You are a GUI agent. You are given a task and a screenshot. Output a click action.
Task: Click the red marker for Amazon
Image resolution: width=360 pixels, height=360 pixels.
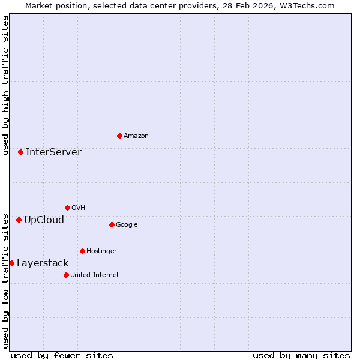click(119, 136)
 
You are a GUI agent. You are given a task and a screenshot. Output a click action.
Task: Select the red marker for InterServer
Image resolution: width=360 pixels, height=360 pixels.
click(20, 152)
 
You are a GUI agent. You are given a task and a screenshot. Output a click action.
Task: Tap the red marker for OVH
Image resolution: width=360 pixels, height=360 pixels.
click(67, 208)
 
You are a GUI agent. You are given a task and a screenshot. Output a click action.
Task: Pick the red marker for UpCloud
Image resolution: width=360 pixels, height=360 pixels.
click(19, 220)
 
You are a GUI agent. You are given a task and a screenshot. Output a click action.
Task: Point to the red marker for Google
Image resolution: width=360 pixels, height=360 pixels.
click(112, 224)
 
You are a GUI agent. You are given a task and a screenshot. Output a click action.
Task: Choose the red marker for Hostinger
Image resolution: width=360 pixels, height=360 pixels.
click(82, 251)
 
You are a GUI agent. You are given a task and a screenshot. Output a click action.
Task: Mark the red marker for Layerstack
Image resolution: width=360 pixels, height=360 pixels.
click(11, 263)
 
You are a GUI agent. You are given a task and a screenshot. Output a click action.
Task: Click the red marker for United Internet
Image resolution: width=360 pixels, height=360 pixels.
click(66, 275)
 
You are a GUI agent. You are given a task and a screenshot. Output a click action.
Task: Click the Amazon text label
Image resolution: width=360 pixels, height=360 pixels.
click(136, 136)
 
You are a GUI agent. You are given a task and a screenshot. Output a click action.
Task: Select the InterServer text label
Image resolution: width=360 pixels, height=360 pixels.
click(53, 152)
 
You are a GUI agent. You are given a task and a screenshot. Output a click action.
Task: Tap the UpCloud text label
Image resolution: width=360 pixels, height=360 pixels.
click(44, 220)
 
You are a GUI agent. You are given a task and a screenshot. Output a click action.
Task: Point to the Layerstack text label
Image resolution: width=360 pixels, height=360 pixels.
click(43, 263)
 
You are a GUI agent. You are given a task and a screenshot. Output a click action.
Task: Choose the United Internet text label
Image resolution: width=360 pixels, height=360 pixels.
click(95, 275)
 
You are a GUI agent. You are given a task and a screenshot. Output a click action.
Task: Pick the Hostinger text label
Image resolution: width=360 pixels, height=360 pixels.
click(101, 251)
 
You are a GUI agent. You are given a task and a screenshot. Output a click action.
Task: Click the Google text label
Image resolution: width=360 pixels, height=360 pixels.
click(127, 224)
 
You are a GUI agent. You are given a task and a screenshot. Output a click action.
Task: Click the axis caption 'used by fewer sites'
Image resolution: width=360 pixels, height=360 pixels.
click(62, 355)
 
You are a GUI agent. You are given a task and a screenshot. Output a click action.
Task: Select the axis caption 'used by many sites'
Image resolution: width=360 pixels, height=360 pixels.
click(301, 355)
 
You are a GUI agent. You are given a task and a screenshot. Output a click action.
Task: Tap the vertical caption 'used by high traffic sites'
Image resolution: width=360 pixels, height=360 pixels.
click(5, 85)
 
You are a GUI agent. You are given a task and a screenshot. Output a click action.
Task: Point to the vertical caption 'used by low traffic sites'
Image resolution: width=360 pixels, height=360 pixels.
click(5, 280)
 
